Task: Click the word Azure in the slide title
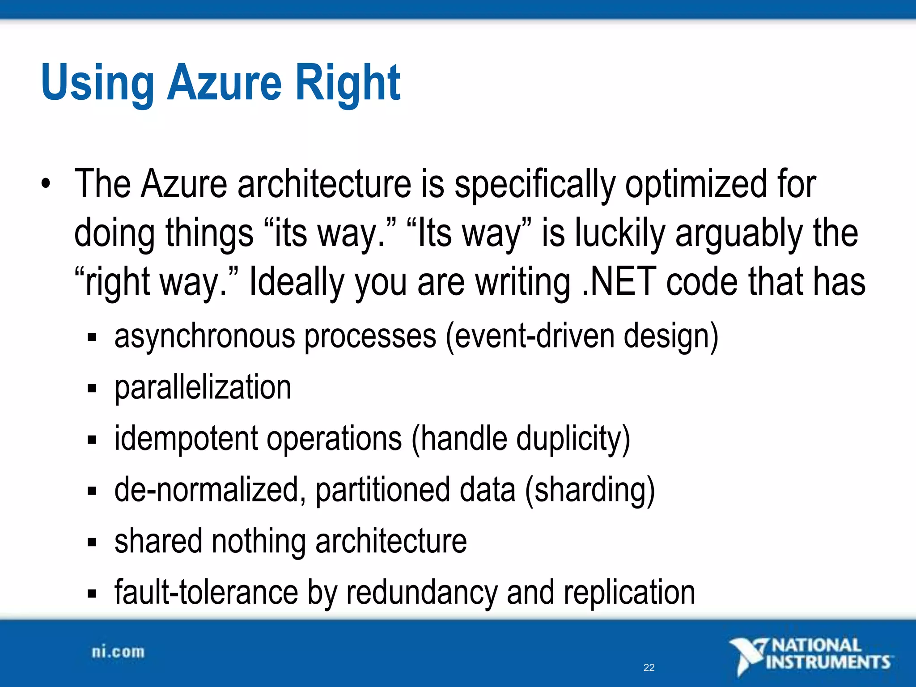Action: (225, 83)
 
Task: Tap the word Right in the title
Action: (348, 83)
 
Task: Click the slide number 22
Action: (649, 668)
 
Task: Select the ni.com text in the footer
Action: (118, 652)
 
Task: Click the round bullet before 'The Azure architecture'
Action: (45, 184)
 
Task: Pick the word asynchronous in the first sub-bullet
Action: (204, 336)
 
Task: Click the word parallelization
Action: (203, 387)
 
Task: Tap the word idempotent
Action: (186, 439)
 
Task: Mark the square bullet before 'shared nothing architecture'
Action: (92, 543)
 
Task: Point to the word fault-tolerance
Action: (206, 593)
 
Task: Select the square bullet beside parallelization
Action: (92, 388)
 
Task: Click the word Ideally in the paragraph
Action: (296, 282)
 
